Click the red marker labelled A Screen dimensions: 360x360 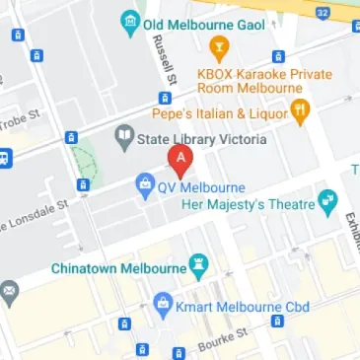point(180,160)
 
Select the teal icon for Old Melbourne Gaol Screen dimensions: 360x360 point(128,20)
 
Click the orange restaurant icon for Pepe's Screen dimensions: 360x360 point(301,108)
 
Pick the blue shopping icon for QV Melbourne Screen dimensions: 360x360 point(144,184)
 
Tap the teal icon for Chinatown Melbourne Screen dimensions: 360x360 point(201,266)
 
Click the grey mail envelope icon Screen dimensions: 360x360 point(9,292)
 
